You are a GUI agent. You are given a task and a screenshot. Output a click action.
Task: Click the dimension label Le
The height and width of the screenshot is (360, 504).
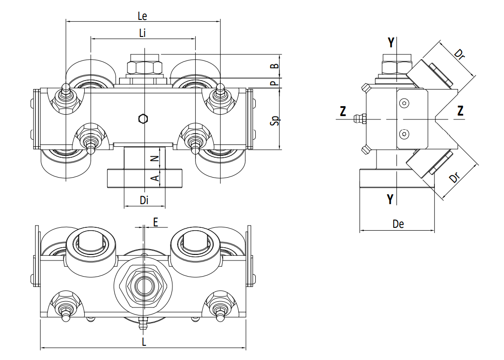tap(143, 16)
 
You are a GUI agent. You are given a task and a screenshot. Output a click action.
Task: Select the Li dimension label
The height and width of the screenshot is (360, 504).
tap(143, 33)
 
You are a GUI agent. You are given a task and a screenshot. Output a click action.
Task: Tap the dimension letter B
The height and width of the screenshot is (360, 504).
tap(274, 66)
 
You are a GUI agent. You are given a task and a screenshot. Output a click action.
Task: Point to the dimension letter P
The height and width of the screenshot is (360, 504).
tap(274, 83)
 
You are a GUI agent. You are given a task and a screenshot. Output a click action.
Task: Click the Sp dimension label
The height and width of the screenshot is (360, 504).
tap(275, 120)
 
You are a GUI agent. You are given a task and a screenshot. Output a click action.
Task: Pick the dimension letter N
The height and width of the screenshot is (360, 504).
tap(155, 158)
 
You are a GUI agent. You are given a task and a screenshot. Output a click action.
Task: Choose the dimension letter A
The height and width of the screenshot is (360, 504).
tap(155, 178)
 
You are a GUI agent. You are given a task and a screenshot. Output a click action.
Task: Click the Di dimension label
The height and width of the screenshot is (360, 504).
tap(144, 200)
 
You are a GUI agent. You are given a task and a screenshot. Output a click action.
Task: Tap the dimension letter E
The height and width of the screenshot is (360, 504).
tap(155, 222)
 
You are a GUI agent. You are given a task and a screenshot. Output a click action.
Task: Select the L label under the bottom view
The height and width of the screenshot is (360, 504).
tap(144, 342)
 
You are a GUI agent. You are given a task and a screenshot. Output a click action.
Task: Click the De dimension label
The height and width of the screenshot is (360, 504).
tap(398, 224)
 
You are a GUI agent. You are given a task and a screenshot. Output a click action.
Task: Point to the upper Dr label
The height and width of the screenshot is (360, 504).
tap(459, 54)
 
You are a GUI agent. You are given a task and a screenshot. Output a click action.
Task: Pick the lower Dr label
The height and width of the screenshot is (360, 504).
tap(455, 177)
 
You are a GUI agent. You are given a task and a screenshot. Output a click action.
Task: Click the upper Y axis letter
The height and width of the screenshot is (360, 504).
tap(391, 43)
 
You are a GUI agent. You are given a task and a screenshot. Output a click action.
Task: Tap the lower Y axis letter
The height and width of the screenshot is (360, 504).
tap(390, 199)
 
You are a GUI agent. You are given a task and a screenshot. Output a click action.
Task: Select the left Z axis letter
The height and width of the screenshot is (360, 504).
tap(343, 111)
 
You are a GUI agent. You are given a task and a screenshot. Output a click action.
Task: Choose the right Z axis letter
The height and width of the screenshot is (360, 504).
tap(460, 110)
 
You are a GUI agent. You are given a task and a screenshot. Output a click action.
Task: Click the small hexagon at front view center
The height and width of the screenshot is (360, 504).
tap(143, 118)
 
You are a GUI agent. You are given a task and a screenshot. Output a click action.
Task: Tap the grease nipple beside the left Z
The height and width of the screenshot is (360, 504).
tap(360, 119)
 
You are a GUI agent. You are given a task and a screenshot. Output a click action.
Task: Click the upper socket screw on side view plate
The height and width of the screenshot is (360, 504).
tap(404, 103)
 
